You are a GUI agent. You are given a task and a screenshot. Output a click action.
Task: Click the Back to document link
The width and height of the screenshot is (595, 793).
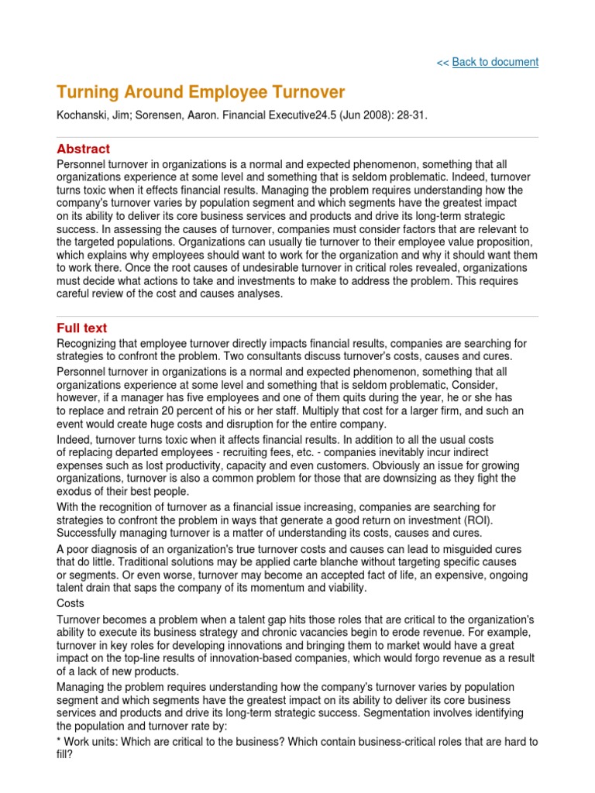click(x=495, y=62)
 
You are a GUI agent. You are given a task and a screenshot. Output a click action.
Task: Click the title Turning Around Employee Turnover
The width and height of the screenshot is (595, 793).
click(x=201, y=92)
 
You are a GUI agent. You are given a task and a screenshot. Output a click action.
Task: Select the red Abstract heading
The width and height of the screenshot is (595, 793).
click(x=84, y=149)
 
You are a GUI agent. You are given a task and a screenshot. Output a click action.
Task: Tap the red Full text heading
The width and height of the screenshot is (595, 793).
click(x=82, y=328)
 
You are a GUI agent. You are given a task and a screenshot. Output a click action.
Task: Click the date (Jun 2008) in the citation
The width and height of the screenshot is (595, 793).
click(x=358, y=115)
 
